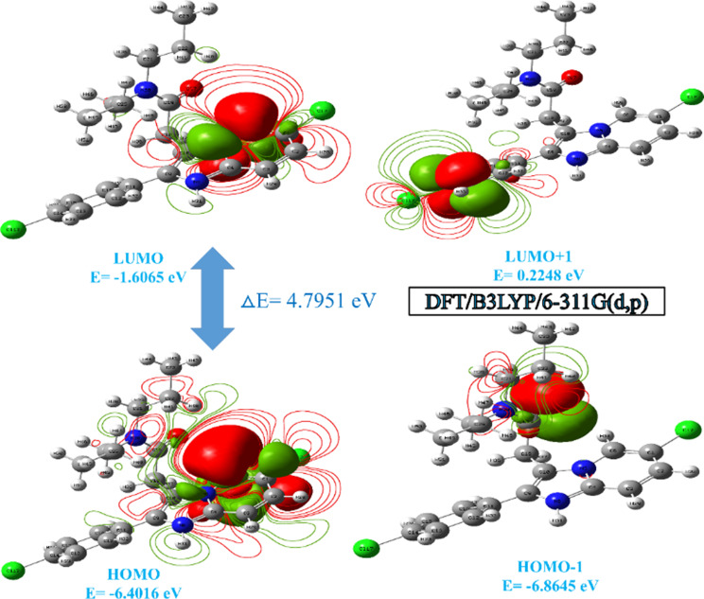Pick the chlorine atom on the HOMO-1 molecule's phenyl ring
(x=361, y=547)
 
